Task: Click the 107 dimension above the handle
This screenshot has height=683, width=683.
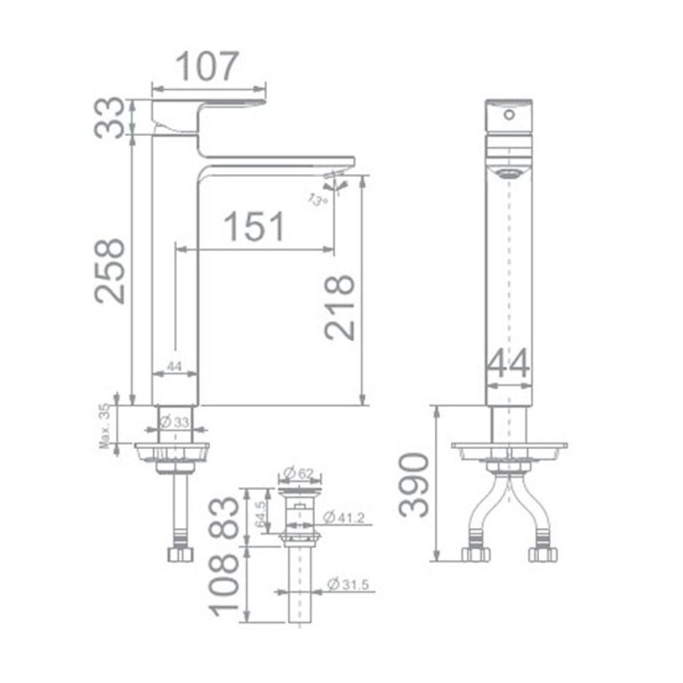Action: [209, 66]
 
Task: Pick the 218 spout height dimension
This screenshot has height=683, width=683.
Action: [340, 307]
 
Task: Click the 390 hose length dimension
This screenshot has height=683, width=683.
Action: [414, 484]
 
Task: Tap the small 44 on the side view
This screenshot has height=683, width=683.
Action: [174, 366]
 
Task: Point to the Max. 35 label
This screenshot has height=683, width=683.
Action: [107, 425]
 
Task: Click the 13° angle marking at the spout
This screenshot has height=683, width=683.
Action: [317, 199]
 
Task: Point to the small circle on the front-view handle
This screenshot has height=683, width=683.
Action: [510, 115]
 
